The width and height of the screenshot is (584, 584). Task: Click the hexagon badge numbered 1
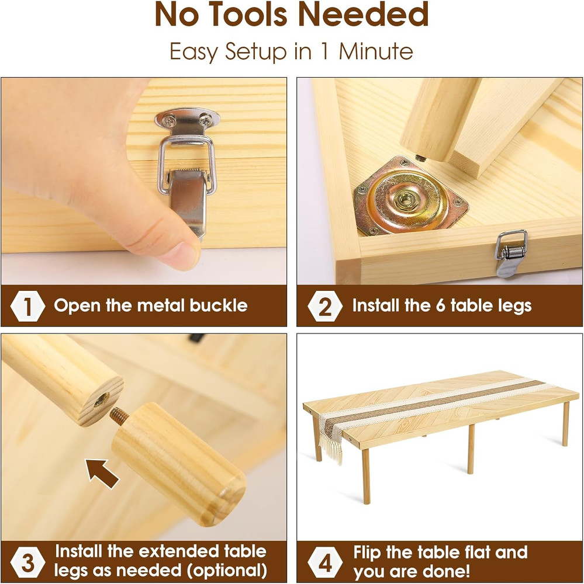[x=27, y=306]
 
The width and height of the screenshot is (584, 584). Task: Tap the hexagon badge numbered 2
[x=325, y=306]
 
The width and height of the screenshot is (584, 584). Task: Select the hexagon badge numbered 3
[x=27, y=562]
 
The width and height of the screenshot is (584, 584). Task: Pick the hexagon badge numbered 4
[x=325, y=562]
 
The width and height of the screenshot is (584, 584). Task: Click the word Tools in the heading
[x=250, y=15]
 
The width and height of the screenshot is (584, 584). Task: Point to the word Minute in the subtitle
[x=375, y=51]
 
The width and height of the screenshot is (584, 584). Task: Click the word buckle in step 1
[x=219, y=306]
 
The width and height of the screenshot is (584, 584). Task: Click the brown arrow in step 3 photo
[x=102, y=473]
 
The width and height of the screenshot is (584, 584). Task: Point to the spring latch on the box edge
[x=510, y=253]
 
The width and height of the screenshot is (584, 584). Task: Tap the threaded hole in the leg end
[x=101, y=399]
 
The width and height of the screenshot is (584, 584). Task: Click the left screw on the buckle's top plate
[x=170, y=120]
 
